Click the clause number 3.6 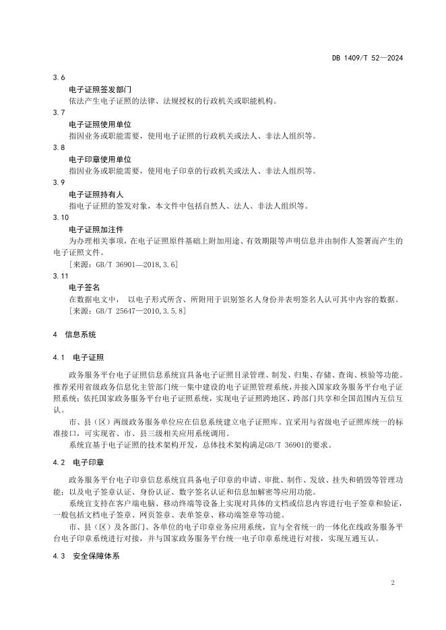tap(58, 77)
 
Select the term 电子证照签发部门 tap(100, 90)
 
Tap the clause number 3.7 tap(58, 112)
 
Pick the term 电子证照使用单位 tap(100, 125)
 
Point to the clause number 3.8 tap(58, 147)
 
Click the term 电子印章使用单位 tap(100, 160)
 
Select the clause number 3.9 tap(58, 182)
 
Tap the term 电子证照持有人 tap(96, 194)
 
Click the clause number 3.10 tap(60, 217)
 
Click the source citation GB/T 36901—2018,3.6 tap(123, 265)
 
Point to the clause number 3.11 tap(60, 276)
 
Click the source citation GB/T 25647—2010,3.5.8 tap(127, 311)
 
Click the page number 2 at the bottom tap(392, 582)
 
